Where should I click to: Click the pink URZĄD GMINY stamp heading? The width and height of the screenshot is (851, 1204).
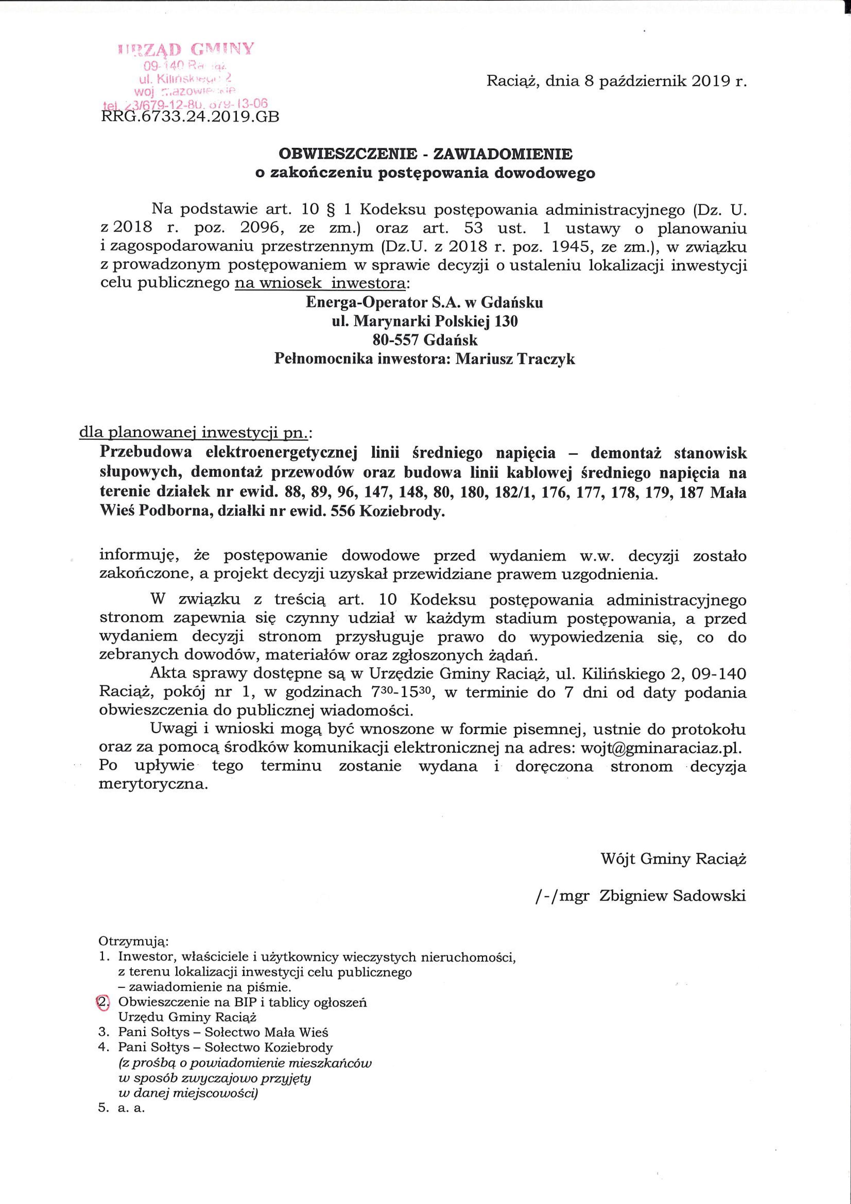pos(187,49)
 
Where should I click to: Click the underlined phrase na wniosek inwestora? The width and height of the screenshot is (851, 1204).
pos(320,284)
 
